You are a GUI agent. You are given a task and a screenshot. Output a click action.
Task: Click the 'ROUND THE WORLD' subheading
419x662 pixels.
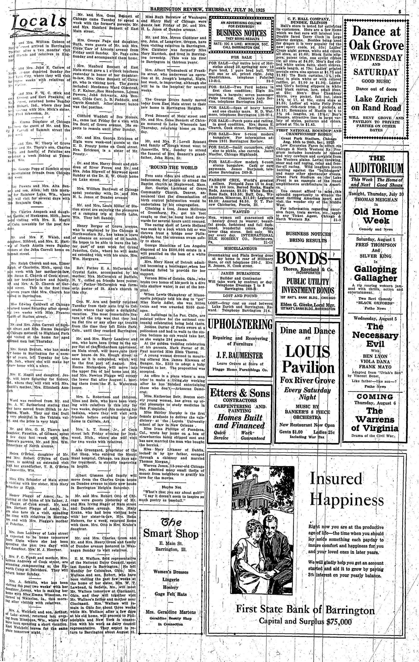(x=173, y=168)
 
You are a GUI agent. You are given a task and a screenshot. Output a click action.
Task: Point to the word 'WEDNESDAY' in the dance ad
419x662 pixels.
(x=376, y=58)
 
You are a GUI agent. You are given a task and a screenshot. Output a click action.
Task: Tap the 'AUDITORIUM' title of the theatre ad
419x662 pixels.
(x=376, y=168)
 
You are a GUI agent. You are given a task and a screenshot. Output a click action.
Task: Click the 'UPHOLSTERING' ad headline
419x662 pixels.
(x=240, y=324)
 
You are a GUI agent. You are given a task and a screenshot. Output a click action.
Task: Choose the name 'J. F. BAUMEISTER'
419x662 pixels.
(x=240, y=355)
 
